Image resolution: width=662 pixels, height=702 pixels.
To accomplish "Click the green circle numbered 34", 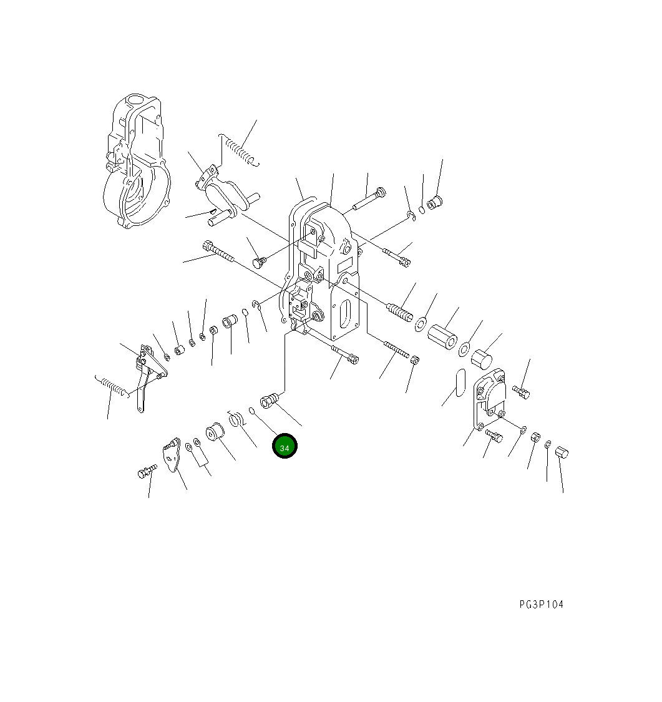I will click(x=285, y=446).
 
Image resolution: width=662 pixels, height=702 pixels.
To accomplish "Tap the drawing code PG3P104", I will click(x=541, y=605).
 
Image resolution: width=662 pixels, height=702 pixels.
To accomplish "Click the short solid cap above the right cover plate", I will click(x=481, y=359).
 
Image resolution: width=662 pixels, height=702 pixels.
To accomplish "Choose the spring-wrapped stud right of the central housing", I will click(x=400, y=311).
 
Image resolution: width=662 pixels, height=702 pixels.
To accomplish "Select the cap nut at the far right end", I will click(x=562, y=452).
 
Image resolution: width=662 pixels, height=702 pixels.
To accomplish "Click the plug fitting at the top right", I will click(x=435, y=202).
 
